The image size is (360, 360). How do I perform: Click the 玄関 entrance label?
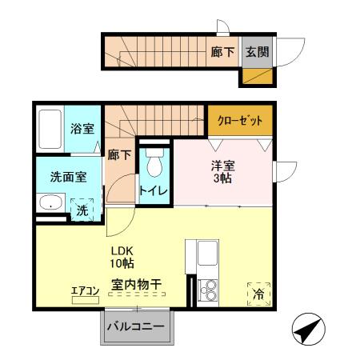(x=257, y=52)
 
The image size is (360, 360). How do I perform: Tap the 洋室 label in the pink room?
(x=222, y=166)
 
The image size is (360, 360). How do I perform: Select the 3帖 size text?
(x=222, y=179)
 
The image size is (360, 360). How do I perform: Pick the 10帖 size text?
(x=122, y=263)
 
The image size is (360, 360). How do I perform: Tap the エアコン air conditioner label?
(x=84, y=290)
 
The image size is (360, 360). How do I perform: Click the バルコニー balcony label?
(x=135, y=327)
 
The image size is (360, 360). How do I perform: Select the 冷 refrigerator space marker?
(x=258, y=295)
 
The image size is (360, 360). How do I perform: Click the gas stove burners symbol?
(x=208, y=290)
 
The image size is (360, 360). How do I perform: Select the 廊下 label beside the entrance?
(x=223, y=52)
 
